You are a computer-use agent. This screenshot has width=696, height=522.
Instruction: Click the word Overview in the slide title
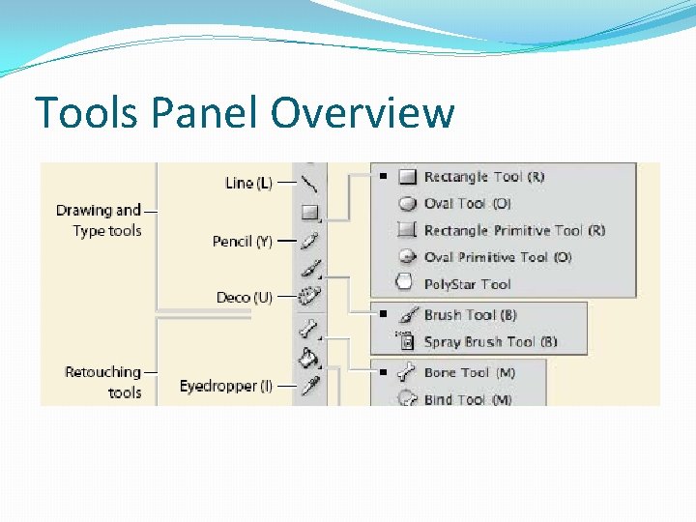click(362, 112)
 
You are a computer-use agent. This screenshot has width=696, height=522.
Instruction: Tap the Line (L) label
click(248, 183)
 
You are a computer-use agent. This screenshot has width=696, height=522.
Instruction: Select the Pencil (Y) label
click(242, 241)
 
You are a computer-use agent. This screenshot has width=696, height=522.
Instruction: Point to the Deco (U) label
click(244, 298)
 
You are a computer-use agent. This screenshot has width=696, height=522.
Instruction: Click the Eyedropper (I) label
click(225, 386)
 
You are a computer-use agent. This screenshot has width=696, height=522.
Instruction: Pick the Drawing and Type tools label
click(99, 220)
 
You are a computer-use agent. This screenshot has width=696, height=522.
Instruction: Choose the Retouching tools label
click(103, 382)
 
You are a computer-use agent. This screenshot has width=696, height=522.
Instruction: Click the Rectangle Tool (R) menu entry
click(483, 177)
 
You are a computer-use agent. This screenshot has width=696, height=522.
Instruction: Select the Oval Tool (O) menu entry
click(467, 204)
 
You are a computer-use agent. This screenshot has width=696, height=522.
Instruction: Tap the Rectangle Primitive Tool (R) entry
click(514, 231)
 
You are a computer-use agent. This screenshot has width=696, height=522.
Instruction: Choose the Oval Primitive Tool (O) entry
click(497, 257)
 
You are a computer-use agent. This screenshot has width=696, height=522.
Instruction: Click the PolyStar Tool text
click(467, 284)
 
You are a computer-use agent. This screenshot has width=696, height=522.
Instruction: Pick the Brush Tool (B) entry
click(470, 315)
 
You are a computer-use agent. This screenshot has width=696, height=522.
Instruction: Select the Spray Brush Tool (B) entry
click(490, 342)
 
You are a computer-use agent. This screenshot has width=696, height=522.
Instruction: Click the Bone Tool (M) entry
click(470, 372)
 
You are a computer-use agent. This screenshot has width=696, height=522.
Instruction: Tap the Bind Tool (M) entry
click(468, 398)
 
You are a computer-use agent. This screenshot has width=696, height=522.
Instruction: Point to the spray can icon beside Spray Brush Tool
click(407, 341)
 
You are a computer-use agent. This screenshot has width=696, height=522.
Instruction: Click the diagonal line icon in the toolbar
click(309, 184)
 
